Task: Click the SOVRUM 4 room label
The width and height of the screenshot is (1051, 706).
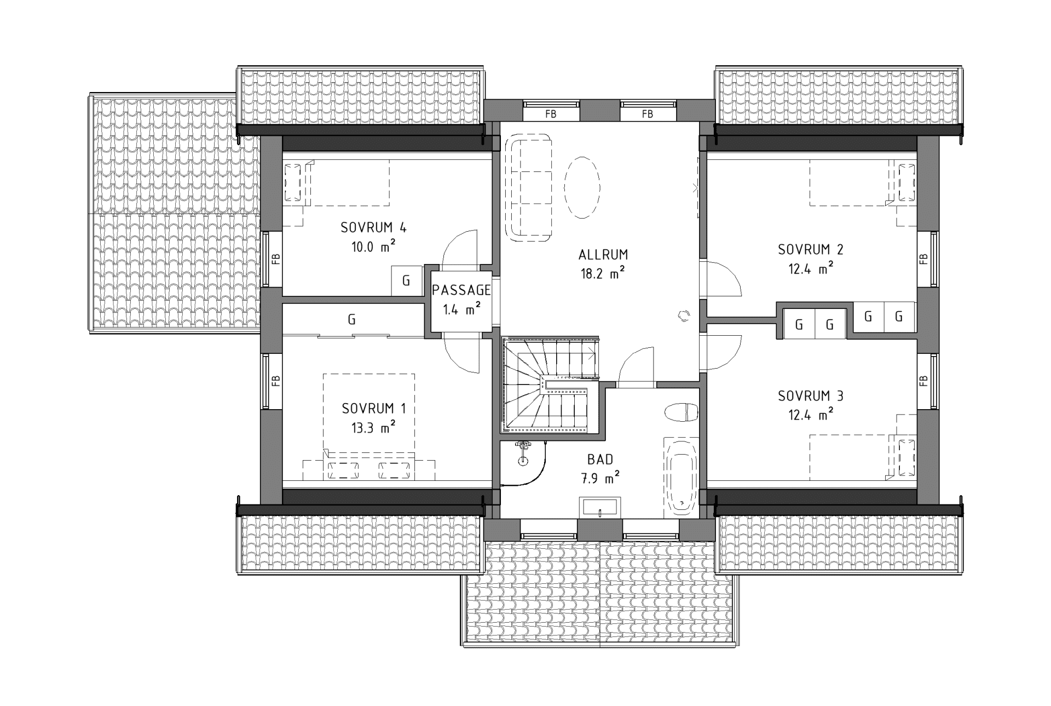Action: point(373,227)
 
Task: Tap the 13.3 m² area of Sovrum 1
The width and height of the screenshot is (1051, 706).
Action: point(373,427)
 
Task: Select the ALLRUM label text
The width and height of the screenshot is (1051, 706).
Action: point(603,255)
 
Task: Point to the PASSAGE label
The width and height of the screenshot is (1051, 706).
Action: point(461,290)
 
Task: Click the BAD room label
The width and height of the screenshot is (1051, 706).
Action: point(600,460)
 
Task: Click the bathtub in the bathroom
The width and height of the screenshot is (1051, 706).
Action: point(682,477)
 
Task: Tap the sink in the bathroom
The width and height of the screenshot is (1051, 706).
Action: point(600,507)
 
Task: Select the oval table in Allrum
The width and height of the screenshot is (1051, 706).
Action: point(582,187)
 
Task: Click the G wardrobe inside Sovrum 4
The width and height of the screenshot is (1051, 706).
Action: point(406,281)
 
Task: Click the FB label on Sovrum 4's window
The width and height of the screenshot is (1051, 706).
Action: point(276,259)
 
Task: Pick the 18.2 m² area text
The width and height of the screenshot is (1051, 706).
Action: point(603,273)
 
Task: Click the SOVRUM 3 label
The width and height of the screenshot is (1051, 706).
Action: point(811,395)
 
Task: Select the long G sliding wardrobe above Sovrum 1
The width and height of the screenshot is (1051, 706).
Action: point(352,320)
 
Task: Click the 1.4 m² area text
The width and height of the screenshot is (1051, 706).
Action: point(461,309)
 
